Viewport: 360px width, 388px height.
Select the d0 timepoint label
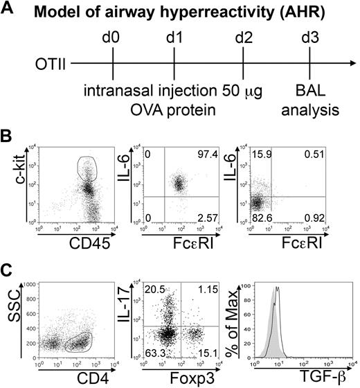(x=112, y=37)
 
